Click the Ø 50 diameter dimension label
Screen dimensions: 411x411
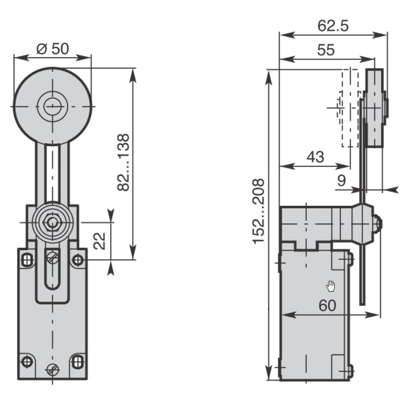point(52,49)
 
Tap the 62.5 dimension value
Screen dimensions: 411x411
point(333,26)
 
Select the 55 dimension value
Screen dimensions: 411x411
point(326,50)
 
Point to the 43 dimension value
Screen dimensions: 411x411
point(315,156)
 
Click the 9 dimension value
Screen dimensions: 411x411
point(341,180)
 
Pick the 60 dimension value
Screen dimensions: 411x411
point(327,306)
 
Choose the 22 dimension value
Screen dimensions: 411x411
point(99,241)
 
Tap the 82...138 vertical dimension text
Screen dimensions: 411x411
point(123,163)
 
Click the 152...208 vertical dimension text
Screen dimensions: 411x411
point(258,211)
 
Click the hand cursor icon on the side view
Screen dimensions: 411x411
point(331,286)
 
